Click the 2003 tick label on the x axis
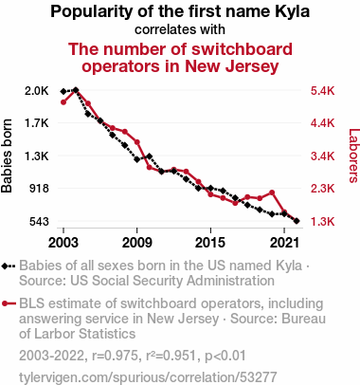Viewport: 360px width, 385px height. (63, 243)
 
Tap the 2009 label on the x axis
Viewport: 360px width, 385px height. (136, 243)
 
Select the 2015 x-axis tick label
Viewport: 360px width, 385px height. (210, 243)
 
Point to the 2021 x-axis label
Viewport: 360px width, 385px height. (284, 243)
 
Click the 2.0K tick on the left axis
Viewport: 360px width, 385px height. (37, 91)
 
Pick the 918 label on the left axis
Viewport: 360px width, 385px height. (40, 189)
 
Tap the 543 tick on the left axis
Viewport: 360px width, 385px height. (40, 221)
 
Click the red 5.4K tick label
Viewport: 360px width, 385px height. (322, 91)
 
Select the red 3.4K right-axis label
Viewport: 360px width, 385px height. (322, 156)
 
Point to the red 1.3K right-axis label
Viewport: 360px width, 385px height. (322, 221)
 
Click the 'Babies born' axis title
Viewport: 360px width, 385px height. (7, 156)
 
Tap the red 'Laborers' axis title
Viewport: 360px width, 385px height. (354, 156)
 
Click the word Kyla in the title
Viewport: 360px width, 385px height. (293, 12)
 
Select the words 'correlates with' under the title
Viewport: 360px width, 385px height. (180, 29)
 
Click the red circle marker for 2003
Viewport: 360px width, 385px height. (63, 102)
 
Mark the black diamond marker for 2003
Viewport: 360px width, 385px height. (63, 91)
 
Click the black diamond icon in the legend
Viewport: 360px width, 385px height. (5, 266)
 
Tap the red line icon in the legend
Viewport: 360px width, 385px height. (9, 303)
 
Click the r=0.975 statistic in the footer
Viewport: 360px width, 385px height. (115, 356)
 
